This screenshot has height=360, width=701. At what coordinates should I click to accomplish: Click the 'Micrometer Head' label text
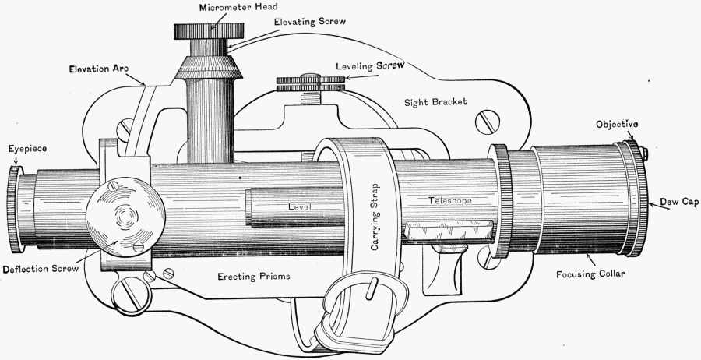(210, 6)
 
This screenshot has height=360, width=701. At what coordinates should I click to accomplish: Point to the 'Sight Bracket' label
(435, 102)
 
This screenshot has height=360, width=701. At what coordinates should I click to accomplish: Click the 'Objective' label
(618, 124)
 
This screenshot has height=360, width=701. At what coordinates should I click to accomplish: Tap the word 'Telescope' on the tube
(451, 200)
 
